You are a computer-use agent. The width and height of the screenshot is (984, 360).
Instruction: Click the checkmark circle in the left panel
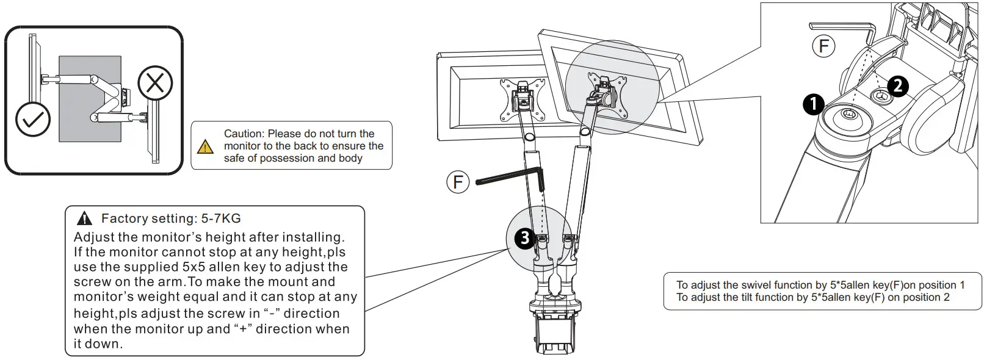[32, 119]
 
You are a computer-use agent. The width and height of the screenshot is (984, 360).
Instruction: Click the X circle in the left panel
[155, 82]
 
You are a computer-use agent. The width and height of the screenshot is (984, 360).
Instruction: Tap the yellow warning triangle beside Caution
[206, 146]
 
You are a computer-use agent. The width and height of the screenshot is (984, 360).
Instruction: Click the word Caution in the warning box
[243, 134]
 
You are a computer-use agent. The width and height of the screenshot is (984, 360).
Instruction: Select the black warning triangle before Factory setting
[84, 218]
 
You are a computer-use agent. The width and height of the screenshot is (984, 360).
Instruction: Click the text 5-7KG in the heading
[220, 218]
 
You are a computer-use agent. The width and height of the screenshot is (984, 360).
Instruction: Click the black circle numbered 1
[813, 104]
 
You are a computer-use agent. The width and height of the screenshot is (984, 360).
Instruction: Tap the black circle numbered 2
[897, 85]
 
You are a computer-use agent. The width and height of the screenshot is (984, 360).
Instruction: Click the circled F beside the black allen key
[458, 181]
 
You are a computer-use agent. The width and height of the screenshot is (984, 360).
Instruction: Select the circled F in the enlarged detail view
[823, 46]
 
